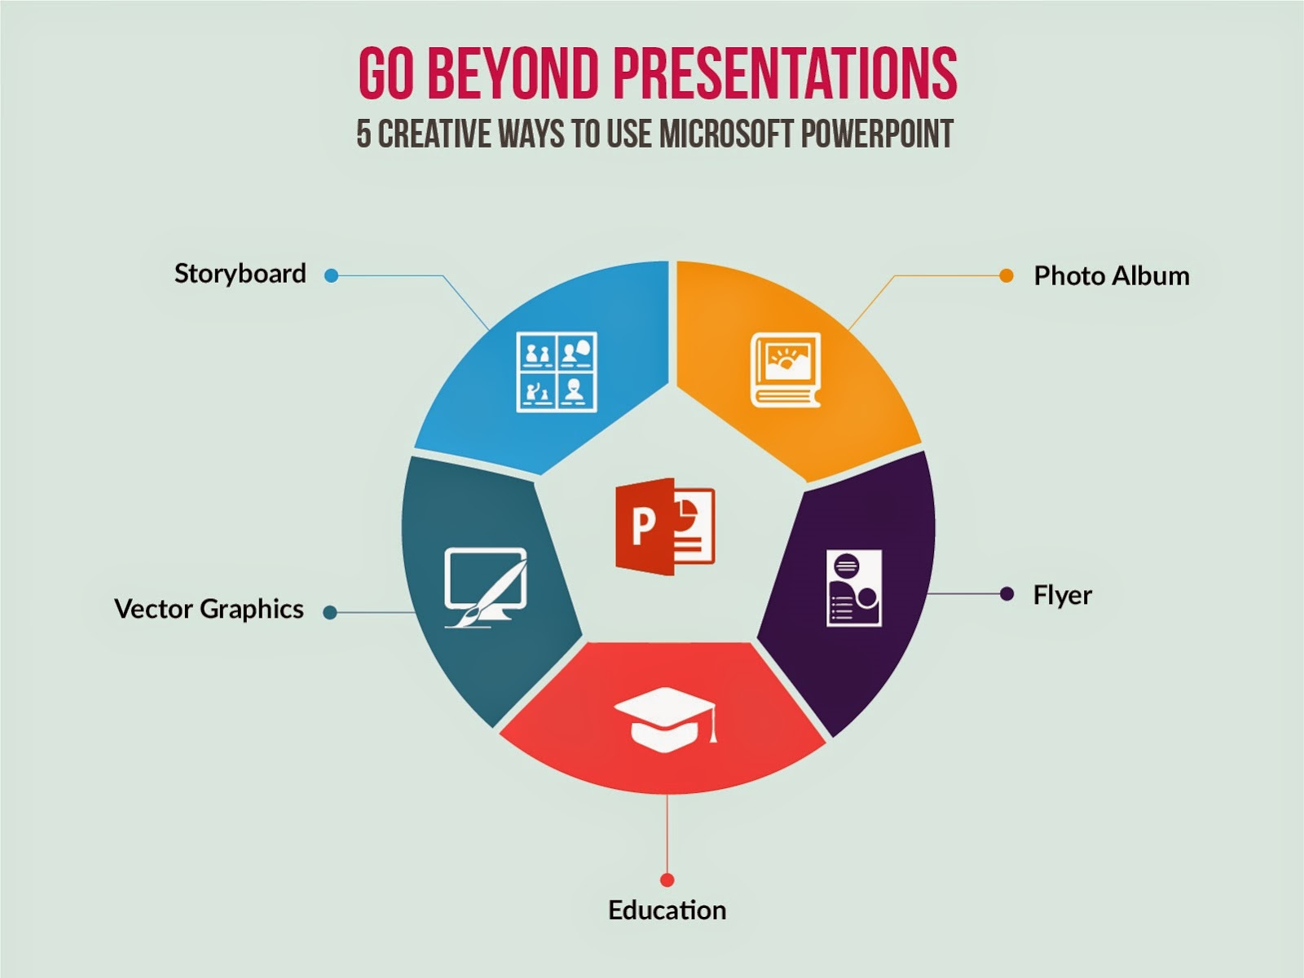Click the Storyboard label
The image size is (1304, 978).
(x=240, y=275)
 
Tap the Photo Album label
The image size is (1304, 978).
(x=1112, y=276)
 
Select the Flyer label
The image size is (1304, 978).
(x=1062, y=596)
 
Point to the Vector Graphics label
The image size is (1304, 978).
(x=209, y=610)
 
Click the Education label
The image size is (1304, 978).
(x=667, y=910)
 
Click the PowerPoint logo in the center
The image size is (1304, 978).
(x=665, y=526)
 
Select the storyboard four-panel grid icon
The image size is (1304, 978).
(x=556, y=372)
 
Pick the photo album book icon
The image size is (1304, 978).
(x=786, y=370)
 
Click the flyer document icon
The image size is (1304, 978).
(x=853, y=588)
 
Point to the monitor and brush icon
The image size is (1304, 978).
(x=486, y=588)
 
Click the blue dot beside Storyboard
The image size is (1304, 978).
(x=332, y=275)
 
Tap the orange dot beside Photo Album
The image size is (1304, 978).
(x=1007, y=275)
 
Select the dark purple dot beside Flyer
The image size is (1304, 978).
(x=1007, y=594)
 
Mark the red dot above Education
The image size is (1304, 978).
(x=667, y=879)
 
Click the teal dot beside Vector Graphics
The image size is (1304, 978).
(x=330, y=612)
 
